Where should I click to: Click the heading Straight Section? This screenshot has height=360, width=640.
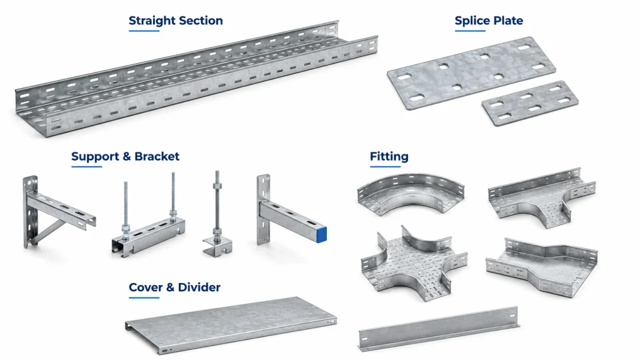pyautogui.click(x=176, y=21)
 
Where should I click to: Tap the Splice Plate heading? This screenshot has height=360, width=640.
pyautogui.click(x=489, y=21)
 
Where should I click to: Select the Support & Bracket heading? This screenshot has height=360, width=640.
pyautogui.click(x=125, y=156)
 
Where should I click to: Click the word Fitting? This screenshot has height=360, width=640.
pyautogui.click(x=389, y=156)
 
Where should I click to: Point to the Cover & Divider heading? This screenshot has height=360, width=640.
pyautogui.click(x=174, y=287)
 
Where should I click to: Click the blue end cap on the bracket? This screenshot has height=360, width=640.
pyautogui.click(x=321, y=234)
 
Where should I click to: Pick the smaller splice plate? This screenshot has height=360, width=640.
pyautogui.click(x=530, y=103)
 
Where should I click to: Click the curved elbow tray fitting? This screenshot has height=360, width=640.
pyautogui.click(x=411, y=192)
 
